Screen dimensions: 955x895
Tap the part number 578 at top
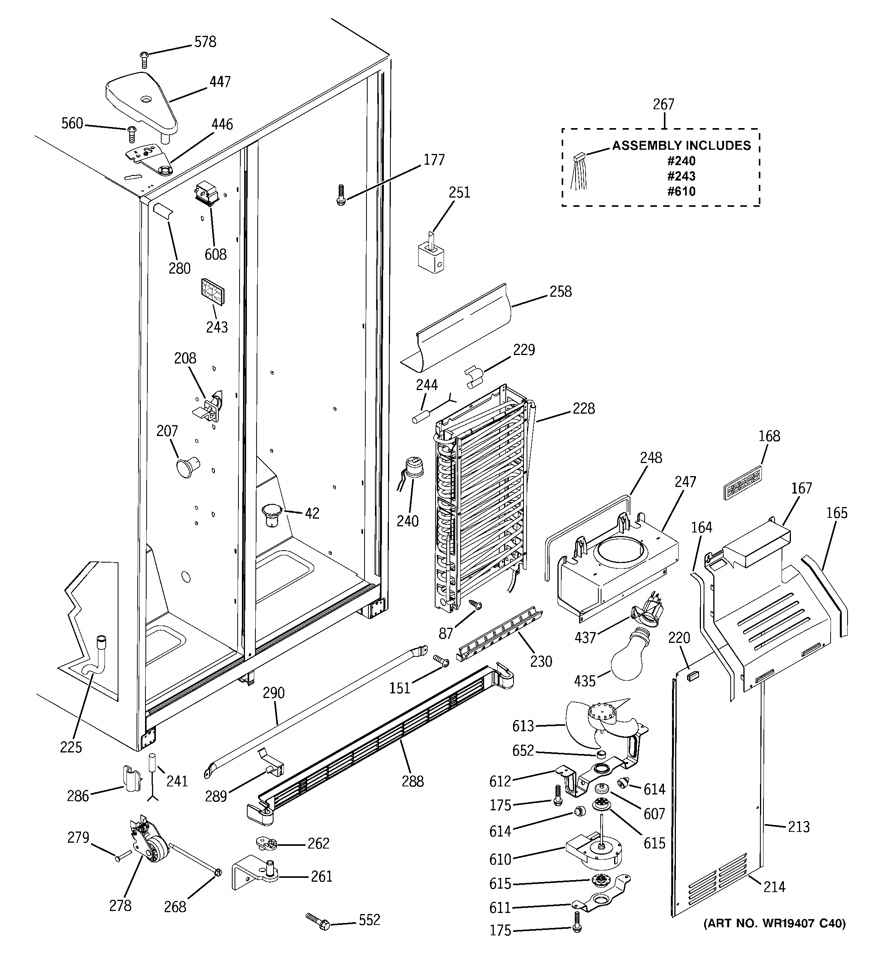pyautogui.click(x=205, y=42)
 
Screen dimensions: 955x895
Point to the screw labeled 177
pyautogui.click(x=341, y=196)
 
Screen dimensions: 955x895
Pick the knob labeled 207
pyautogui.click(x=186, y=467)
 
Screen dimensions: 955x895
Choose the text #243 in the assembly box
pyautogui.click(x=681, y=176)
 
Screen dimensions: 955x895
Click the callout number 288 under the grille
pyautogui.click(x=413, y=782)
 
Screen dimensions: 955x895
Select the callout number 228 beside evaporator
pyautogui.click(x=583, y=409)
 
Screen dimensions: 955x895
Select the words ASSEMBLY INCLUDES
pyautogui.click(x=681, y=145)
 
